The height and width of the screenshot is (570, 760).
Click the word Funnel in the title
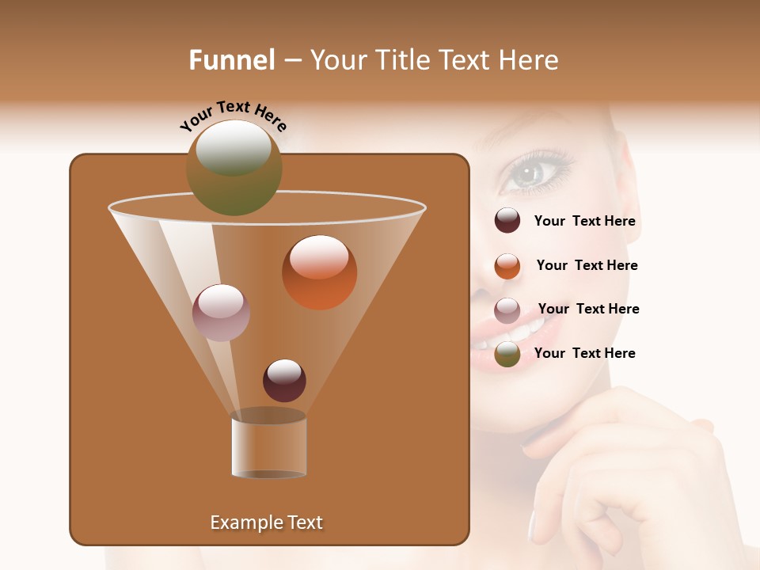pyautogui.click(x=231, y=60)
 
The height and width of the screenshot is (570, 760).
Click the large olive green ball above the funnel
pyautogui.click(x=234, y=168)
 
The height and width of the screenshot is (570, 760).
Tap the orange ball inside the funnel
pyautogui.click(x=319, y=272)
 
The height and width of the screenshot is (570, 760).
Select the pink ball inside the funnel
pyautogui.click(x=221, y=313)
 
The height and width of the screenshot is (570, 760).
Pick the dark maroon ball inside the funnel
pyautogui.click(x=284, y=381)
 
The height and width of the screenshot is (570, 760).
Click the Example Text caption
pyautogui.click(x=266, y=522)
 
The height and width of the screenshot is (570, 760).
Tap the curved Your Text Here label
pyautogui.click(x=233, y=116)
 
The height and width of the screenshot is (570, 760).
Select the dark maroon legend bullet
pyautogui.click(x=507, y=220)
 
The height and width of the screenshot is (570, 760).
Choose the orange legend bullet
pyautogui.click(x=507, y=266)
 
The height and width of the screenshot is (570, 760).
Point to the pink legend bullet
pyautogui.click(x=507, y=310)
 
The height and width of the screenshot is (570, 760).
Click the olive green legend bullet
pyautogui.click(x=507, y=355)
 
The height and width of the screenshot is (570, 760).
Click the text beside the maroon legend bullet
pyautogui.click(x=584, y=222)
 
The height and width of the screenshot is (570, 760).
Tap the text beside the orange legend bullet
pyautogui.click(x=587, y=265)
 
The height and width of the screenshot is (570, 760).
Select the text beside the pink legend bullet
pyautogui.click(x=588, y=309)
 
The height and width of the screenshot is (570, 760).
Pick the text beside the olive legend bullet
pyautogui.click(x=584, y=353)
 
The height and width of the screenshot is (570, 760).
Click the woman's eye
pyautogui.click(x=528, y=173)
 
